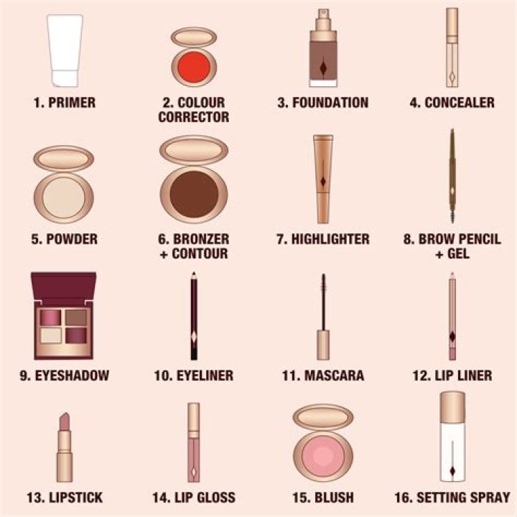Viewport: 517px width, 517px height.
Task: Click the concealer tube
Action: click(x=452, y=47)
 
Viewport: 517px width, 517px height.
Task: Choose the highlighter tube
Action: click(x=323, y=180)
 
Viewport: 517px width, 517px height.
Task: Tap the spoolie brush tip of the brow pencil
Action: click(x=452, y=214)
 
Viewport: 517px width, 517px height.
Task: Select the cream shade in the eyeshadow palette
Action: click(x=51, y=335)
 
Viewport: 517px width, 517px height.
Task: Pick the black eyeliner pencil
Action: click(x=194, y=316)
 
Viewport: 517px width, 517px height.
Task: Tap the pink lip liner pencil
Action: click(x=452, y=316)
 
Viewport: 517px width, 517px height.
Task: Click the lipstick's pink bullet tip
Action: click(x=65, y=422)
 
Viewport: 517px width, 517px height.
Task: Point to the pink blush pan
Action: click(x=323, y=455)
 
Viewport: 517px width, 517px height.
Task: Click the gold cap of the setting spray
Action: click(x=452, y=406)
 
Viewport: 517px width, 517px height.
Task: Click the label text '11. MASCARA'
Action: click(x=323, y=376)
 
